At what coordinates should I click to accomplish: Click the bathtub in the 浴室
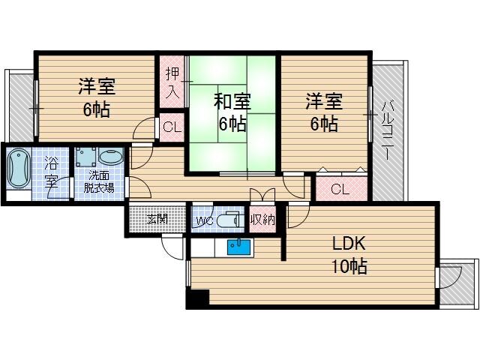coord(19,172)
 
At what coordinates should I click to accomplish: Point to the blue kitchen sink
coord(238,247)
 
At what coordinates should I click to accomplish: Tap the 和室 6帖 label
coord(232,112)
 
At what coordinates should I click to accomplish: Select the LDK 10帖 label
coord(349,254)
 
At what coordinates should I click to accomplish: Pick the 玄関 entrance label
coord(157,220)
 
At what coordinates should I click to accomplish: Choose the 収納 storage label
coord(262,220)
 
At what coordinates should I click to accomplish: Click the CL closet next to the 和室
coord(172,127)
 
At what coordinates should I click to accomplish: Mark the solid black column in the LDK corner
coord(196,298)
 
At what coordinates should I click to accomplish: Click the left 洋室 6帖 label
coord(95,97)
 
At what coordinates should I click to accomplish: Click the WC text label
coord(205,220)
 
